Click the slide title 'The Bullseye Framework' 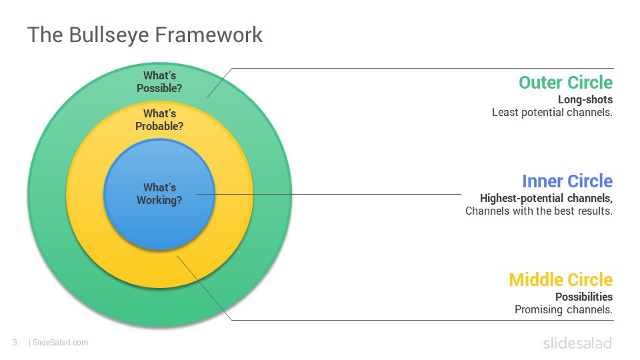[145, 35]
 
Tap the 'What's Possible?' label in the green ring [159, 81]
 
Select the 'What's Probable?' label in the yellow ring [159, 119]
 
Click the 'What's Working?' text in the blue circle [159, 194]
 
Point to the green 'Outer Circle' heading [566, 83]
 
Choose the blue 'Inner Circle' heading [567, 181]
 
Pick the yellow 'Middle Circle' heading [561, 280]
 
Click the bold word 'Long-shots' [585, 99]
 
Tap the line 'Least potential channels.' [552, 112]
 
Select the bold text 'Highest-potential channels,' [546, 199]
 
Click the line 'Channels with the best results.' [539, 211]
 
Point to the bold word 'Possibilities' [584, 297]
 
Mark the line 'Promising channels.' [564, 310]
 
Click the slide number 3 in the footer [15, 343]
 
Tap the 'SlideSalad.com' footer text [61, 343]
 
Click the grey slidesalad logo [577, 343]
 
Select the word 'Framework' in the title [209, 35]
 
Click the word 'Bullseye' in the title [109, 35]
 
